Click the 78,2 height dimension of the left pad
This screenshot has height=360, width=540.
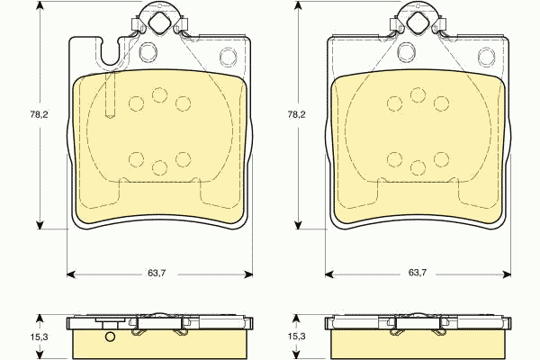(x=39, y=114)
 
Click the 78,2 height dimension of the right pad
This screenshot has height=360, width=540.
(x=296, y=114)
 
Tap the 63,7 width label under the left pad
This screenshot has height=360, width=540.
(x=157, y=273)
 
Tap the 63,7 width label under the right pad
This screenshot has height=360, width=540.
(x=418, y=273)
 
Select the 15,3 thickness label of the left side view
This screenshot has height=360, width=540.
(x=39, y=337)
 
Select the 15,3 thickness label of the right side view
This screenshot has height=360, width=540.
(x=296, y=337)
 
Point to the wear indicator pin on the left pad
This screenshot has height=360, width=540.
(x=110, y=94)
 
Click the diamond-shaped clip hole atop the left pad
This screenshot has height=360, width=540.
(x=159, y=22)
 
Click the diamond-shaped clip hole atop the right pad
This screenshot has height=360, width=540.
(x=418, y=22)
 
